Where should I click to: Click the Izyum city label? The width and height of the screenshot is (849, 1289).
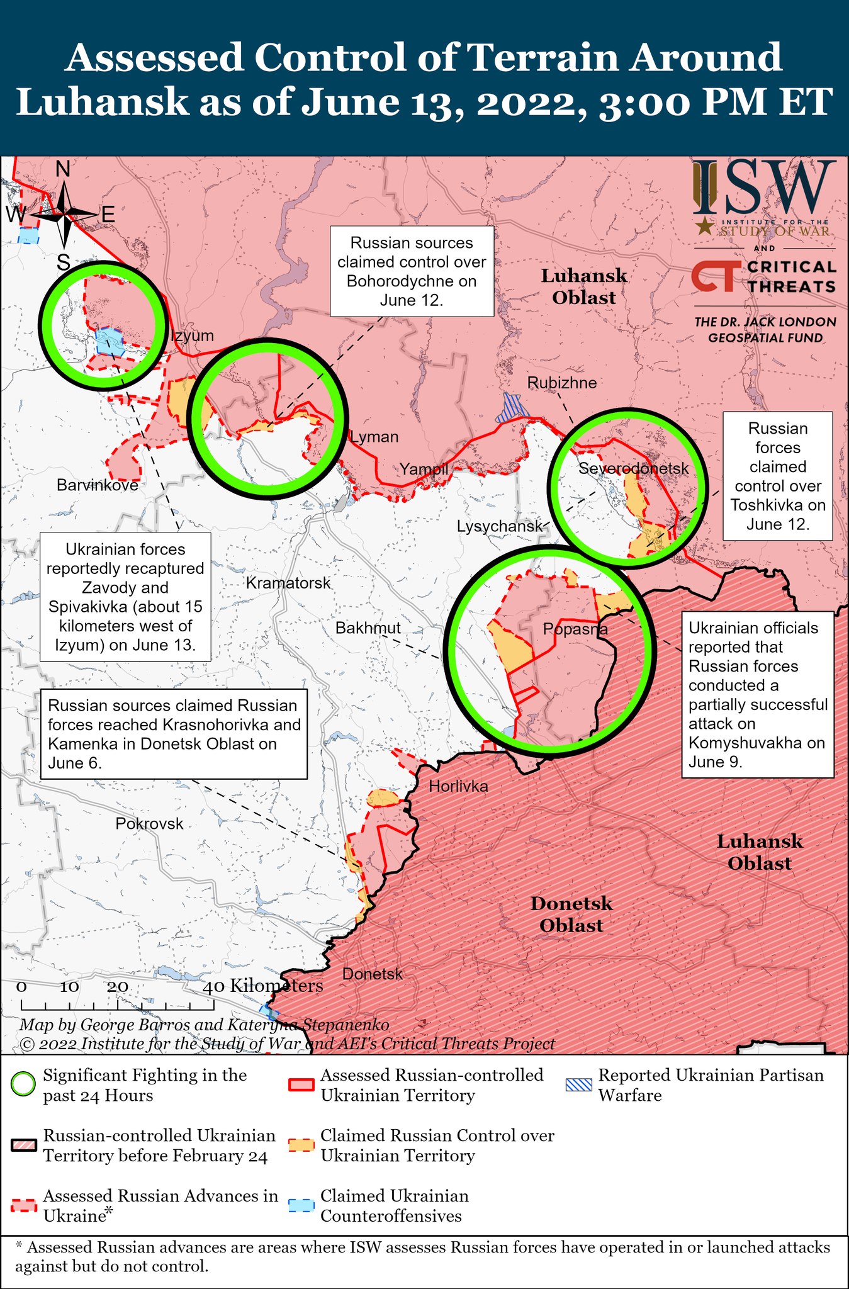pos(193,335)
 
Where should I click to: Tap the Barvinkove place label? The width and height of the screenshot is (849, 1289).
pos(97,485)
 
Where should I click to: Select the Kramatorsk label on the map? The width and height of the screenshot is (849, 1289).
pos(288,583)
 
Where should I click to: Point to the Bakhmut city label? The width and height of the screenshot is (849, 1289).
pos(368,628)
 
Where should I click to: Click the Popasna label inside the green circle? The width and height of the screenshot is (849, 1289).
pos(575,629)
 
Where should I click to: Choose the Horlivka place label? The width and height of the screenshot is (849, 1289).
pos(458,785)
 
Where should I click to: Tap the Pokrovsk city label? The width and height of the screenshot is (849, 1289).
pos(149,823)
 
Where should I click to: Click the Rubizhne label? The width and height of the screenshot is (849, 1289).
pos(561,382)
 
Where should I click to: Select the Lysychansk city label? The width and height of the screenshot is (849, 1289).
pos(500,526)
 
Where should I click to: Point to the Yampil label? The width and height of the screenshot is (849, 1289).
pos(424,468)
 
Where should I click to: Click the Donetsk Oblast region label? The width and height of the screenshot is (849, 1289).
pos(571,914)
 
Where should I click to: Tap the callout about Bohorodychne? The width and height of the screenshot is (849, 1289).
pos(412,271)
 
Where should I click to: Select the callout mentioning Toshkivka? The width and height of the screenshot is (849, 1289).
pos(777,476)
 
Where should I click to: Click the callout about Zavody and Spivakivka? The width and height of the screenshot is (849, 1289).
pos(125,597)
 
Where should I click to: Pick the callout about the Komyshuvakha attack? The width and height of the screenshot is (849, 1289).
pos(758,694)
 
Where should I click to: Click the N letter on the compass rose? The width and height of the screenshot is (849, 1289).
pos(63,169)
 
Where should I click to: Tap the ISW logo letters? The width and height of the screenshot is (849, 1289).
pos(765,188)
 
